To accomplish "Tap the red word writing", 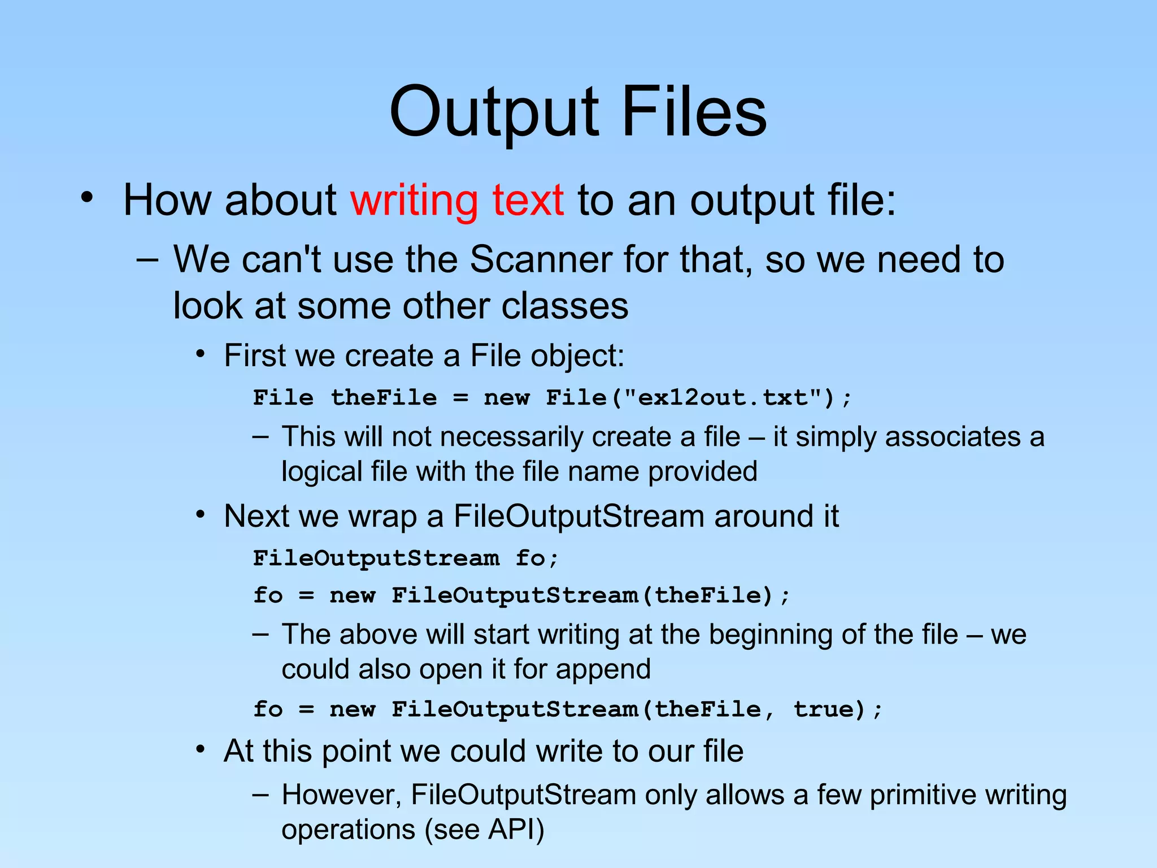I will point(414,201).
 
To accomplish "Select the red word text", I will point(528,201).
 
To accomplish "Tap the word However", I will point(341,795).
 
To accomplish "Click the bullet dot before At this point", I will point(200,750).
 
